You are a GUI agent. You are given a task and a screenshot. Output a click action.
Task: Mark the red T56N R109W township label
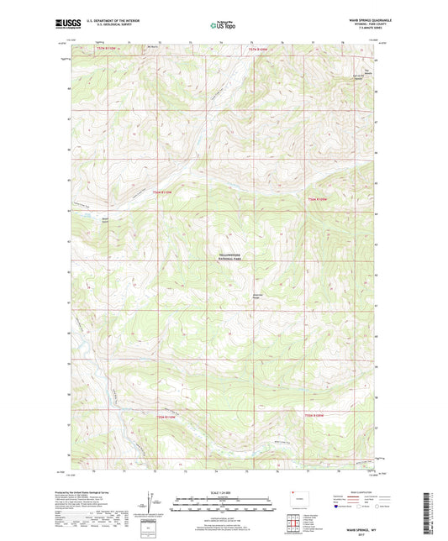click(321, 198)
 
